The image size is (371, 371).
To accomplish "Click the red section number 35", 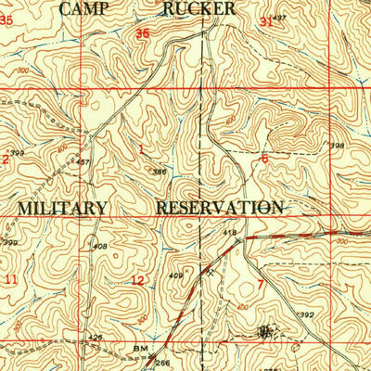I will click(8, 18).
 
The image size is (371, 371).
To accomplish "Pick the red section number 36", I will click(142, 34).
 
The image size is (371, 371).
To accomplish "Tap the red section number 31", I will click(266, 20).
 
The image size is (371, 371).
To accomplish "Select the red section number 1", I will click(141, 148).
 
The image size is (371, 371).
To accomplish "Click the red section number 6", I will click(264, 159).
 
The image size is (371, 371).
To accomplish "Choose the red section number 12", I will click(137, 281).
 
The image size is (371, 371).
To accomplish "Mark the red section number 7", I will click(261, 283).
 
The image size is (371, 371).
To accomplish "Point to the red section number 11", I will click(10, 278).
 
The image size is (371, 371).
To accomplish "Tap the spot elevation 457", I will click(83, 162).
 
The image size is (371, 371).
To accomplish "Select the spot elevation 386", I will click(160, 172).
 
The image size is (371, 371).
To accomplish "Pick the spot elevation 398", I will click(337, 146).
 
